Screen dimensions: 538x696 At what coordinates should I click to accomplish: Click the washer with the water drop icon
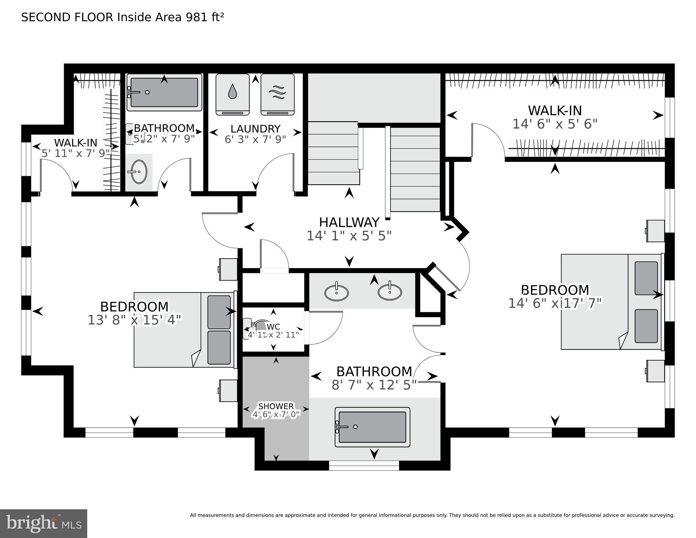point(232,94)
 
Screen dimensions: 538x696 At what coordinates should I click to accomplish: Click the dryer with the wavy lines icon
point(277,94)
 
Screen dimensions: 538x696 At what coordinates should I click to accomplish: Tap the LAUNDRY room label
point(255,129)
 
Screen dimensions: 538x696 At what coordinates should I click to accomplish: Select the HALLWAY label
point(349,223)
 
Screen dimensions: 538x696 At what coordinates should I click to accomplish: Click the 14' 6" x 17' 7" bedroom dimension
point(555,303)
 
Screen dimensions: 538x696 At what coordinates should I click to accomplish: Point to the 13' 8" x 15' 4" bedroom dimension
point(135,320)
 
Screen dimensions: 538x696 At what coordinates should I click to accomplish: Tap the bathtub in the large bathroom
point(372,427)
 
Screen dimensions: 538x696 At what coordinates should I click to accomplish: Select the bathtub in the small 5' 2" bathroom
point(164,92)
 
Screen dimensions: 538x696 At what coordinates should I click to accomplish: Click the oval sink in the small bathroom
point(139,172)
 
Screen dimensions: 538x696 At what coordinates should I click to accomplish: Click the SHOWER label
point(276,406)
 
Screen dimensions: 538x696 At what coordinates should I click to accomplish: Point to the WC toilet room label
point(273,327)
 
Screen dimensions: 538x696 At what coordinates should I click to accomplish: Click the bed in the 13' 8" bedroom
point(184,330)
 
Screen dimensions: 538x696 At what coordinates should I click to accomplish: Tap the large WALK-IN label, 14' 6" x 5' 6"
point(555,111)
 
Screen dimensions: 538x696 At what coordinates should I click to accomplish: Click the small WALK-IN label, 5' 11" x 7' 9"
point(76,143)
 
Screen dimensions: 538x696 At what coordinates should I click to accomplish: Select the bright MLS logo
point(43,523)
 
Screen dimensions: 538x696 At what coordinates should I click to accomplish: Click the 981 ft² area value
point(205,17)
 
